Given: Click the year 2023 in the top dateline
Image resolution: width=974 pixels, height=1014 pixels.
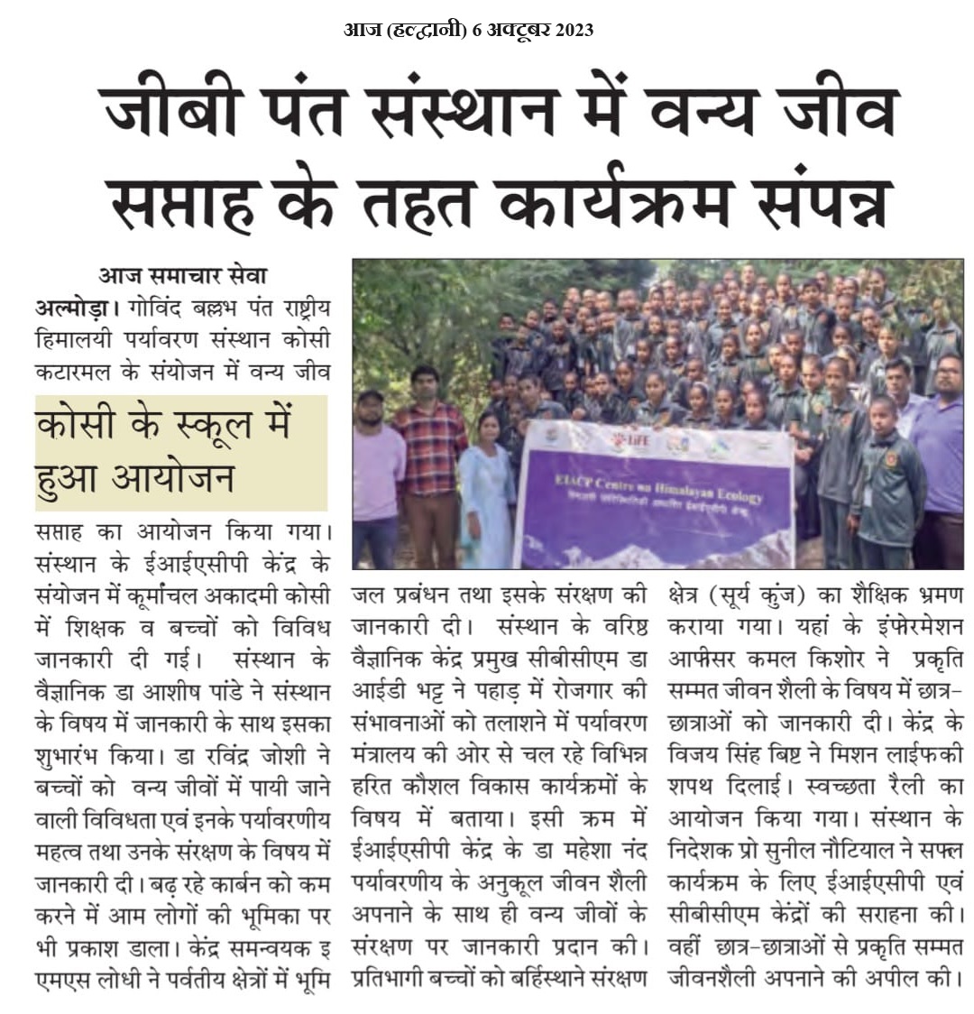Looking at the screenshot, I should [569, 30].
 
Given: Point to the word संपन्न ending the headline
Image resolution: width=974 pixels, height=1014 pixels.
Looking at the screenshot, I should [812, 202].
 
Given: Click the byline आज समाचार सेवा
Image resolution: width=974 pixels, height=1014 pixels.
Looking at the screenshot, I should [183, 276].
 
